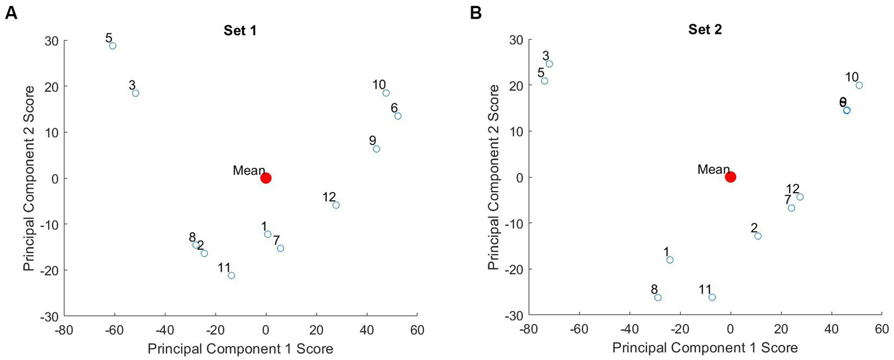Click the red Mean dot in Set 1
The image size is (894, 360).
266,178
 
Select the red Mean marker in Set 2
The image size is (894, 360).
730,177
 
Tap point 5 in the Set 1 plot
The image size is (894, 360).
112,46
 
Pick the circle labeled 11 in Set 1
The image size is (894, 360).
231,276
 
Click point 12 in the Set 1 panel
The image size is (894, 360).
336,205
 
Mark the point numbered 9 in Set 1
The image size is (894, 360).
376,149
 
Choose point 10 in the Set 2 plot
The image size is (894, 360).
859,86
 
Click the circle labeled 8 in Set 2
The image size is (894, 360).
658,298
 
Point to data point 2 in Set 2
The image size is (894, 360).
758,236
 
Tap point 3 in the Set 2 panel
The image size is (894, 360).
549,64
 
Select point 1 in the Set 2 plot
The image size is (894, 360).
670,260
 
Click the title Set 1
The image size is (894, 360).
241,31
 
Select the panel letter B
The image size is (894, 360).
476,13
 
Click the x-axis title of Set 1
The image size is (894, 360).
241,348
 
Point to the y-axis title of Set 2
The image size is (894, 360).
493,177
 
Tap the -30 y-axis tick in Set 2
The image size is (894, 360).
513,315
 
